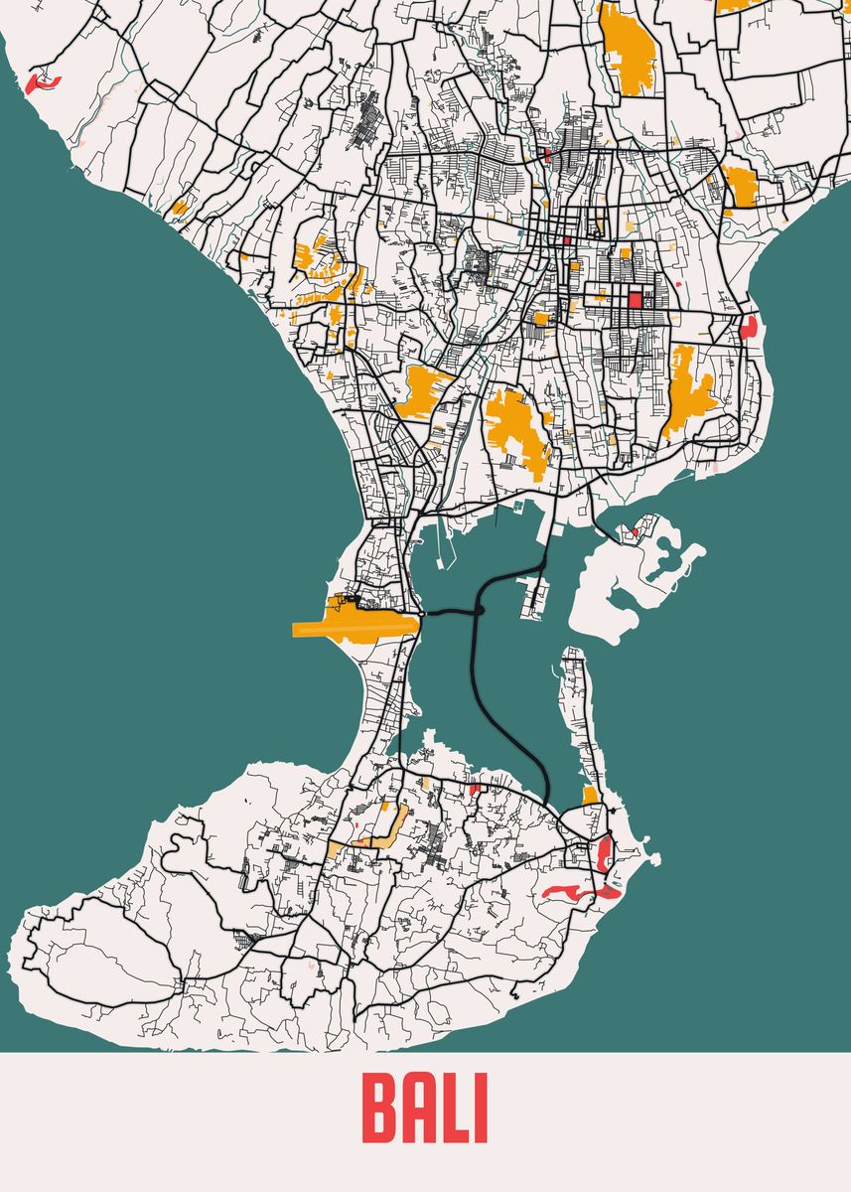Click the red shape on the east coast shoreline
749,327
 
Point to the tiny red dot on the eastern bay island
634,533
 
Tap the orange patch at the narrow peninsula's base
591,796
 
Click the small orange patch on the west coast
179,208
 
